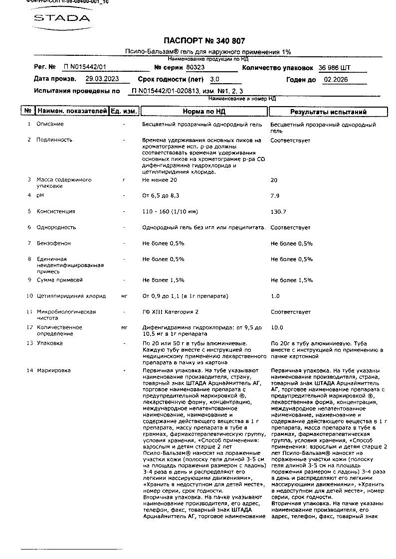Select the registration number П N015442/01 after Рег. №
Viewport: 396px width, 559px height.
pos(85,67)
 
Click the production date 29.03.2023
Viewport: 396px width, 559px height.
pos(102,79)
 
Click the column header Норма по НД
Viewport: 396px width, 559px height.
pos(203,112)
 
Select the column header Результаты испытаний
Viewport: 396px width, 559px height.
pos(328,112)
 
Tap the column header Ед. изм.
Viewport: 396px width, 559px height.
pos(124,112)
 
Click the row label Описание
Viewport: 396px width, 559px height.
pos(50,124)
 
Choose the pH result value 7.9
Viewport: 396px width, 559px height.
pos(275,196)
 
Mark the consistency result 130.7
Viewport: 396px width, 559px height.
pos(278,212)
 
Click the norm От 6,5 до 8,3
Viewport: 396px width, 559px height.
pos(161,196)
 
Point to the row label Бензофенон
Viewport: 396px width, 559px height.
pos(53,244)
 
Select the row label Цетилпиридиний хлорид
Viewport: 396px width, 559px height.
pos(71,296)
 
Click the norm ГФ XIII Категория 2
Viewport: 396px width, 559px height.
pos(170,312)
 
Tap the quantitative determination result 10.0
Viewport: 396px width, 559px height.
pos(276,328)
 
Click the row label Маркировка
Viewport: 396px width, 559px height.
pos(53,371)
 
